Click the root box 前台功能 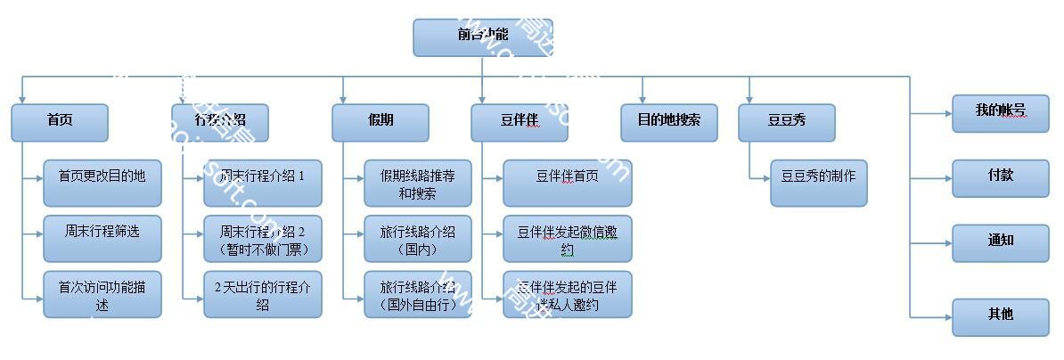coord(482,37)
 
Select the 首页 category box coord(60,122)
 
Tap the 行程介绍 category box coord(220,122)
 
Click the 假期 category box coord(381,122)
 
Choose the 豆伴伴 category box coord(520,122)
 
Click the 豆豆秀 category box coord(787,122)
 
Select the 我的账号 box coord(1000,113)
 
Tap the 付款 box coord(1000,177)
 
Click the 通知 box coord(1000,242)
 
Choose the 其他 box coord(1000,316)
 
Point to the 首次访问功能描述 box coord(102,294)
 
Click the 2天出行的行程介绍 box coord(262,294)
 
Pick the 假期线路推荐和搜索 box coord(417,183)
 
